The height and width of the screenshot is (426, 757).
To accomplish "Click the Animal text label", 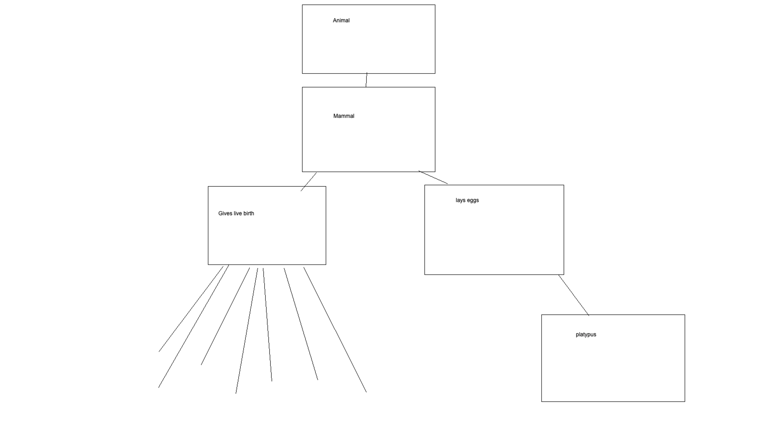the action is (341, 21).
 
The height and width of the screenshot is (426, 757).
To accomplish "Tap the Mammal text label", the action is (343, 116).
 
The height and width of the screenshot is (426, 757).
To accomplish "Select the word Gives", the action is (225, 214).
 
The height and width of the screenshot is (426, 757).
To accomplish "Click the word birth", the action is (249, 214).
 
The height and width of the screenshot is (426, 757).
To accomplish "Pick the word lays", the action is (461, 200).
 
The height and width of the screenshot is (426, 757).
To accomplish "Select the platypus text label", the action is (586, 334).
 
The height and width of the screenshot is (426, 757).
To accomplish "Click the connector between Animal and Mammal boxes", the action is (366, 80).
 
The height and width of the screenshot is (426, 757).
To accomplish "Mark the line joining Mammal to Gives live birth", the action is (309, 181).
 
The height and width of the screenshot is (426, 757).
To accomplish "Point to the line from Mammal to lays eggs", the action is (433, 177).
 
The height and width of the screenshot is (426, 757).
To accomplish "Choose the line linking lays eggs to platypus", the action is (573, 295).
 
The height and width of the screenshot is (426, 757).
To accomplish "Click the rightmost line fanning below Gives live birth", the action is (335, 330).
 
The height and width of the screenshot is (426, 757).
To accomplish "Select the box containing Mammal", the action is (368, 142).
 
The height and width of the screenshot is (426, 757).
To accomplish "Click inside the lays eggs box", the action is (494, 237).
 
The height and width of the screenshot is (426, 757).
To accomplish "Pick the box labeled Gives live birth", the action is (267, 237).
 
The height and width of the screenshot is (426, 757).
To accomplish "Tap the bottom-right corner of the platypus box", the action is (685, 401).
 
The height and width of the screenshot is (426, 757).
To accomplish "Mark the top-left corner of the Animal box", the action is (302, 5).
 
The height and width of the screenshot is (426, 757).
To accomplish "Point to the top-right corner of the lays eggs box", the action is (564, 185).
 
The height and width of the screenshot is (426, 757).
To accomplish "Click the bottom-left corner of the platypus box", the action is (542, 401).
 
